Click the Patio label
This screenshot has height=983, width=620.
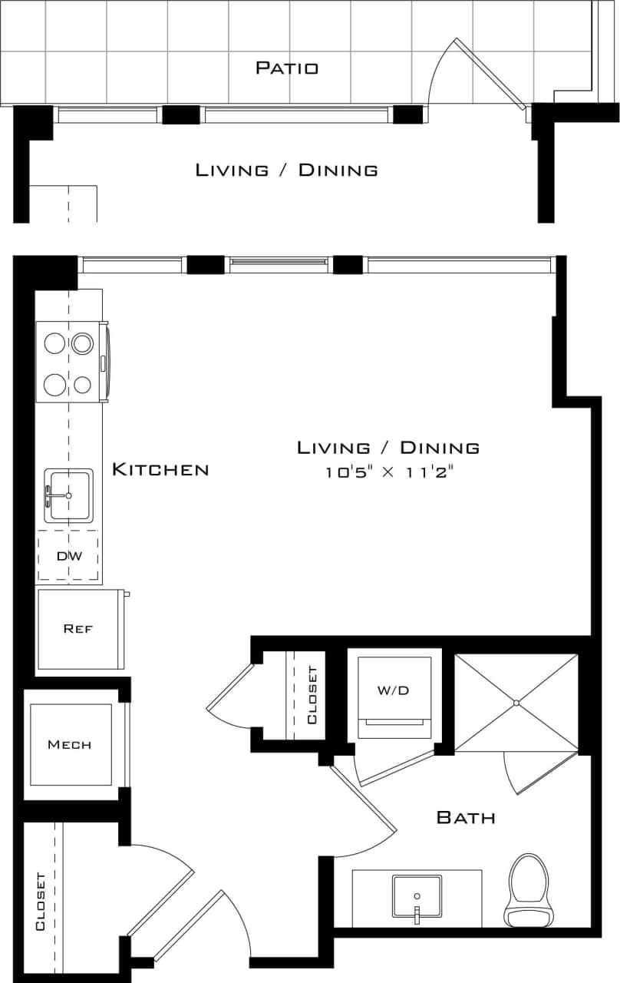point(286,68)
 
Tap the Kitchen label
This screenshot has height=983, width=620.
point(160,469)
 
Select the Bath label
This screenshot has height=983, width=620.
point(466,817)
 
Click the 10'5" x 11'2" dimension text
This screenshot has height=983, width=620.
point(389,472)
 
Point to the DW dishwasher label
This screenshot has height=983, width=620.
point(69,556)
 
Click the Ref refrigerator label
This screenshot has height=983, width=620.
point(78,628)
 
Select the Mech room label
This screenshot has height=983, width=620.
point(69,744)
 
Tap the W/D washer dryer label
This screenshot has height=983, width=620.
point(393,690)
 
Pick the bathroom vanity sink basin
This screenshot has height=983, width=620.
point(417,895)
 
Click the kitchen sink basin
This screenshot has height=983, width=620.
point(69,495)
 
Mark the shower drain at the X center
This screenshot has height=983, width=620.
point(516,703)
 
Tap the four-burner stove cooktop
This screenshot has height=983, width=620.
point(69,362)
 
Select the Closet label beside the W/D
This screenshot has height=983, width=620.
point(312,695)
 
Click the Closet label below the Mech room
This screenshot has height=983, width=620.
point(41,901)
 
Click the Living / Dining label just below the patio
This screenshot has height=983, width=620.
point(286,170)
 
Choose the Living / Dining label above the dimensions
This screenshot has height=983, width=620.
point(388,447)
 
